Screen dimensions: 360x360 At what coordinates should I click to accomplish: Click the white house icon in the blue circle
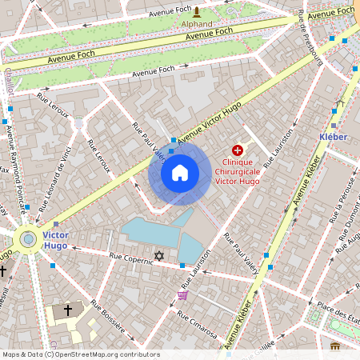click(x=180, y=172)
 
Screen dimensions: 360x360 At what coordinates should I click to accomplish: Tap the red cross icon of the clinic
click(x=238, y=150)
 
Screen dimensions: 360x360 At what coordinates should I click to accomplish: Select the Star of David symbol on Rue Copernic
click(x=158, y=256)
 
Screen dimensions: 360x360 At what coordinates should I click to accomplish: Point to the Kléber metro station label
click(x=333, y=137)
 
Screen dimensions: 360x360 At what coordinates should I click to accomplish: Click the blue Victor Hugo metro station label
click(x=55, y=240)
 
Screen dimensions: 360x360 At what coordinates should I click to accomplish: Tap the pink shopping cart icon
click(x=183, y=295)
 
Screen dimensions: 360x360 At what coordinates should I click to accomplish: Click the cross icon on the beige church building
click(x=68, y=309)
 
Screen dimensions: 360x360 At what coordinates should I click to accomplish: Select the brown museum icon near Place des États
click(x=334, y=346)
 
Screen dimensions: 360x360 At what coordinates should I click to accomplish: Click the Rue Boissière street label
click(x=106, y=316)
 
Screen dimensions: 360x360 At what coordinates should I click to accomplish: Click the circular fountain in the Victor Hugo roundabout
click(x=29, y=238)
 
